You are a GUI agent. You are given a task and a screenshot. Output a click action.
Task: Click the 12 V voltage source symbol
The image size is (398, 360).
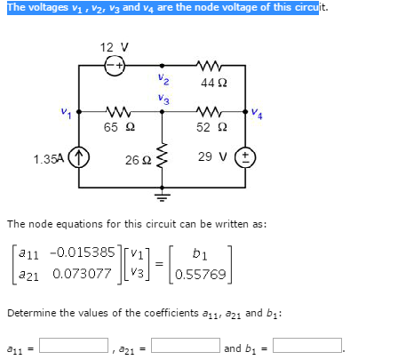(115, 66)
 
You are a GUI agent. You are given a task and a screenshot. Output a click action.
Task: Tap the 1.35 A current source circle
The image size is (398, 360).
(79, 157)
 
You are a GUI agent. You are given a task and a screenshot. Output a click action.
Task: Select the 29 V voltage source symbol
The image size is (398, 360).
(245, 157)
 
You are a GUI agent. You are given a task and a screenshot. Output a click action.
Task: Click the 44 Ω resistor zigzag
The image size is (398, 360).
(208, 65)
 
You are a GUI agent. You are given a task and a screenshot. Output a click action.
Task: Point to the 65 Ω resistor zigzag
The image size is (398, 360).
(118, 112)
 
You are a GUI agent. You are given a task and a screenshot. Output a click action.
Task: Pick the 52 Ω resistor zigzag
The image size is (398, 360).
(208, 112)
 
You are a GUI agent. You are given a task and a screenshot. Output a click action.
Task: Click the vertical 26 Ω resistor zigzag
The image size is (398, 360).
(162, 156)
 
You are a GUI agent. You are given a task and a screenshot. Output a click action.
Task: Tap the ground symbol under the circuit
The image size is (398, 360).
(162, 196)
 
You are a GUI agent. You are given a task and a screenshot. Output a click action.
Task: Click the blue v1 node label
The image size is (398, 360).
(66, 113)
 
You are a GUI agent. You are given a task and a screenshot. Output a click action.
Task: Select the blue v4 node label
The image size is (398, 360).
(257, 113)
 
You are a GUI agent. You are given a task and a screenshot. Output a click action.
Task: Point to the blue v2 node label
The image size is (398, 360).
(163, 79)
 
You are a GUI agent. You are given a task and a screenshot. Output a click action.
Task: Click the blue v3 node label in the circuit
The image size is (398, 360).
(163, 99)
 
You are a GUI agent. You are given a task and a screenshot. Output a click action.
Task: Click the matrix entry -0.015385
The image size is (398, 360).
(82, 252)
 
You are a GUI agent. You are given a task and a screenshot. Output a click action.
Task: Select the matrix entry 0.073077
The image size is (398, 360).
(82, 274)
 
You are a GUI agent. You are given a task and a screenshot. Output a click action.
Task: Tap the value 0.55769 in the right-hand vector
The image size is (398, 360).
(201, 275)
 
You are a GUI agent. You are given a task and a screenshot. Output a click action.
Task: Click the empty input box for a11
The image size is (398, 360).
(74, 345)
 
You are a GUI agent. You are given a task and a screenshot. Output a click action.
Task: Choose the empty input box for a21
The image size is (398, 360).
(186, 345)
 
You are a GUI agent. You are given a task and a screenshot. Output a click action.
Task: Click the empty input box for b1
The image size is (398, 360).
(307, 345)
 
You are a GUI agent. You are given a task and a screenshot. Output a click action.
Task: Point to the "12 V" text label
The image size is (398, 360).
(115, 47)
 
